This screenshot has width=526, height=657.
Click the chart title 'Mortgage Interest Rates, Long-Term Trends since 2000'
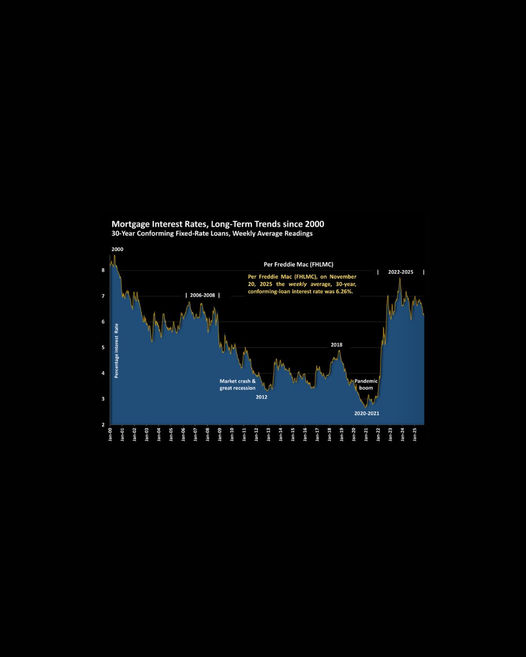tap(218, 224)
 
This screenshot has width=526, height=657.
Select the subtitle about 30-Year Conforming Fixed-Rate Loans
tap(212, 234)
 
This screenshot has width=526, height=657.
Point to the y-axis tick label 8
tap(103, 270)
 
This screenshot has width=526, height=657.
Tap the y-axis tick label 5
tap(103, 347)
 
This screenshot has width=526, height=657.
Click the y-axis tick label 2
tap(103, 425)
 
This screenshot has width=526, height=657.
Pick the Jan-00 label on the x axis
tap(111, 434)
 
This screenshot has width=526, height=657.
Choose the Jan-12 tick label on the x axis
tap(257, 434)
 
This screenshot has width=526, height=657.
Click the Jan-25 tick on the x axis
tap(415, 434)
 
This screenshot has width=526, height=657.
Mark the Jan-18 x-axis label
tap(330, 434)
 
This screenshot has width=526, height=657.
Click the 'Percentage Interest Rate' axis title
tap(116, 350)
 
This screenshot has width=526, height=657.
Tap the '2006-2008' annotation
tap(203, 295)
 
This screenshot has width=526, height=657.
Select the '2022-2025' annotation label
tap(400, 272)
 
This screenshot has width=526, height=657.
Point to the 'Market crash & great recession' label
tap(237, 384)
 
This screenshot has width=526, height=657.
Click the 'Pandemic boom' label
tap(366, 384)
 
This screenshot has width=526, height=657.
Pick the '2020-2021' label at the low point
tap(366, 413)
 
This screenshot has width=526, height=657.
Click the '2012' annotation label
tap(262, 397)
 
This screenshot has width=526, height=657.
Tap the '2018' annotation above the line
tap(337, 345)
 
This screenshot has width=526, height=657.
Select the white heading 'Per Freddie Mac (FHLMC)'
tap(299, 264)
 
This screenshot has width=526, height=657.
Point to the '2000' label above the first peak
tap(117, 249)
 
